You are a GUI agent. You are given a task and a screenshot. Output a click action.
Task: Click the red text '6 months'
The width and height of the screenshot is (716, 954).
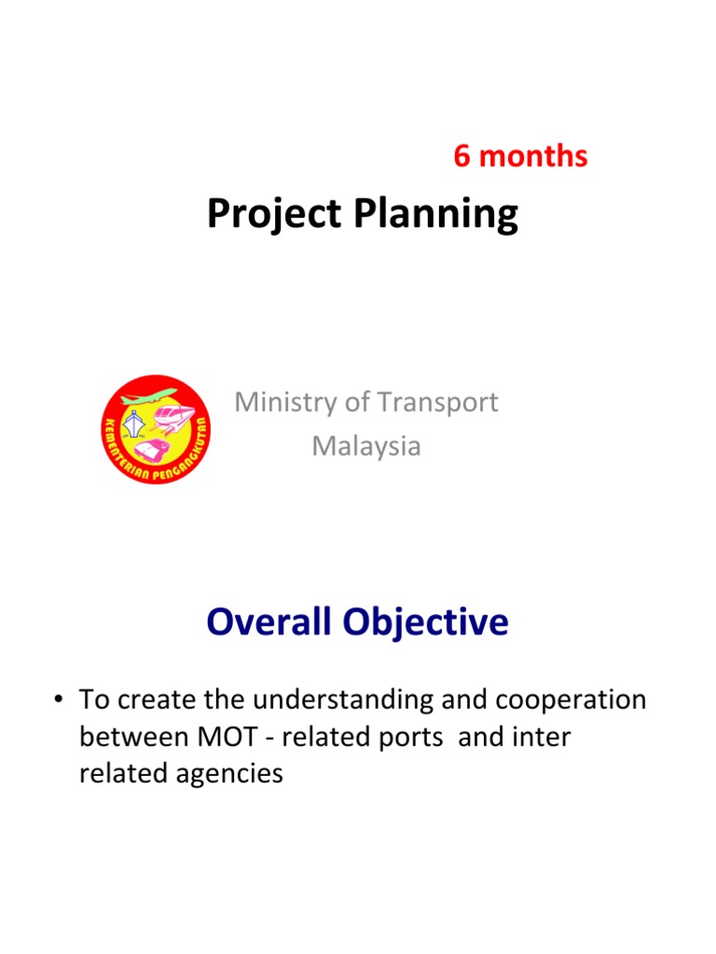(520, 157)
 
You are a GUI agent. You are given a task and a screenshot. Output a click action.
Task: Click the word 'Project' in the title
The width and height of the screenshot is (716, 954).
(271, 215)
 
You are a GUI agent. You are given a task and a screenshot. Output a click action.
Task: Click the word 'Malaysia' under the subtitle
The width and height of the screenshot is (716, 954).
(365, 446)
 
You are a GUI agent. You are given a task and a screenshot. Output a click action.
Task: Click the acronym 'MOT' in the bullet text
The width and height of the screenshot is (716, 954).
(226, 737)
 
